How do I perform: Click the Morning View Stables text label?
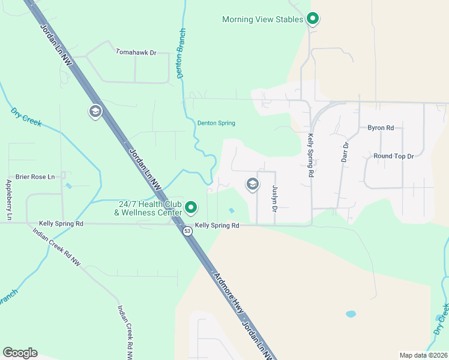262,19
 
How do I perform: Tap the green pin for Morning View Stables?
312,19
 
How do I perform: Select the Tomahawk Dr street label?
136,53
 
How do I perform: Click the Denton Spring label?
216,124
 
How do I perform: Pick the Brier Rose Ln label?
35,176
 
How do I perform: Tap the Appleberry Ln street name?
8,200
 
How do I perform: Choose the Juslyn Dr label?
274,199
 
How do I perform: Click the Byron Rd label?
381,128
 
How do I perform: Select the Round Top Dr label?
394,156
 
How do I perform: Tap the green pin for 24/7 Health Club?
191,208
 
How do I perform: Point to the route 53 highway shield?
188,231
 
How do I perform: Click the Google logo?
20,353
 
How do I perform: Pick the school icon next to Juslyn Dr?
253,184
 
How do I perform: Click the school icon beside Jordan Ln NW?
95,112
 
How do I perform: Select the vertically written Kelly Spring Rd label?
311,155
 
